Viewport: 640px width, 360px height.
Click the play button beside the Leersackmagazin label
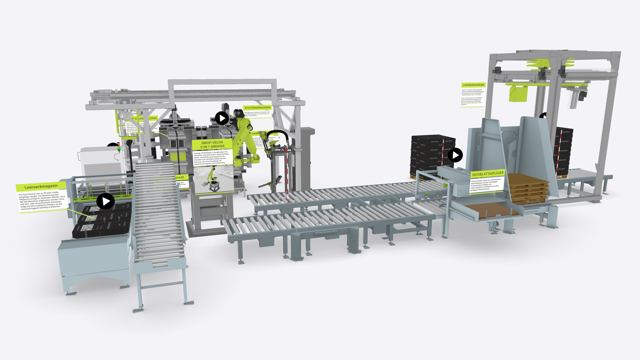pos(106,201)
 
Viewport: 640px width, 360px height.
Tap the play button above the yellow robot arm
pos(222,118)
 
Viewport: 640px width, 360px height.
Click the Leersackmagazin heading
pos(41,187)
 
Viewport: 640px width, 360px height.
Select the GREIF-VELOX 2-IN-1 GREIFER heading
pos(212,144)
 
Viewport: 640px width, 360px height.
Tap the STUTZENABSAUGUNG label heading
pos(257,108)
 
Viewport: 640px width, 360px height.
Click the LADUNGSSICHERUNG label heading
pos(473,85)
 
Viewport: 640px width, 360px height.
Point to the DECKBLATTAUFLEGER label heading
pos(487,174)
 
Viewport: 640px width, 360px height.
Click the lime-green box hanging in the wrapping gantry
pos(518,94)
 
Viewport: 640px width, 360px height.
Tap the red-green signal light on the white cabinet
pos(119,147)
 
